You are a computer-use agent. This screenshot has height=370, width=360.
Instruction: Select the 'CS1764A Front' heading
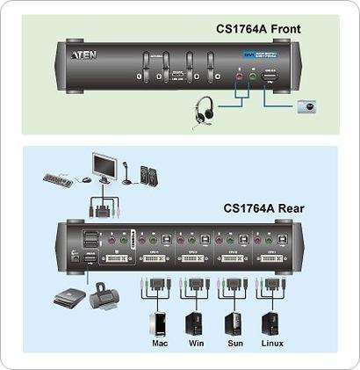[258, 29]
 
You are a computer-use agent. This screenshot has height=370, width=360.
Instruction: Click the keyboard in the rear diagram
[60, 180]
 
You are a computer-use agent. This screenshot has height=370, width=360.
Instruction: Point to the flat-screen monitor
[105, 167]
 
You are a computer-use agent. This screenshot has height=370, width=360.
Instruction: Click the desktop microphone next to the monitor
[126, 174]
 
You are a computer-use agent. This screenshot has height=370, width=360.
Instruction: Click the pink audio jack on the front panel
[237, 76]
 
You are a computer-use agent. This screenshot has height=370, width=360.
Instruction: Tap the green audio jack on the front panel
[252, 76]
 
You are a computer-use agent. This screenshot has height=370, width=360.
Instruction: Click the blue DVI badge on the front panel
[248, 54]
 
